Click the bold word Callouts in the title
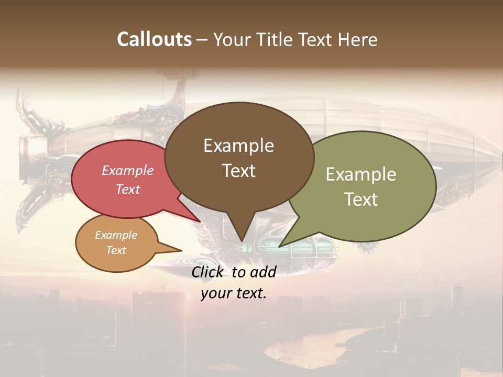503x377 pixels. (154, 39)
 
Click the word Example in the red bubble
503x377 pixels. (127, 170)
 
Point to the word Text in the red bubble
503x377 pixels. (127, 189)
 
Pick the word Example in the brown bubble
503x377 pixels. (238, 146)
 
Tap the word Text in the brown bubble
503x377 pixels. (238, 171)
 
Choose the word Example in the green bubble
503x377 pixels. (360, 174)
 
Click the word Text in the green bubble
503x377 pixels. (360, 199)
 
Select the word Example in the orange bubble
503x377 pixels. (116, 235)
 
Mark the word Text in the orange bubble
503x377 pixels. (116, 250)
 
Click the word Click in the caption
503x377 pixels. (209, 272)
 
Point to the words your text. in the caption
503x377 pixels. (234, 293)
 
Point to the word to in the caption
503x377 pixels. (238, 272)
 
